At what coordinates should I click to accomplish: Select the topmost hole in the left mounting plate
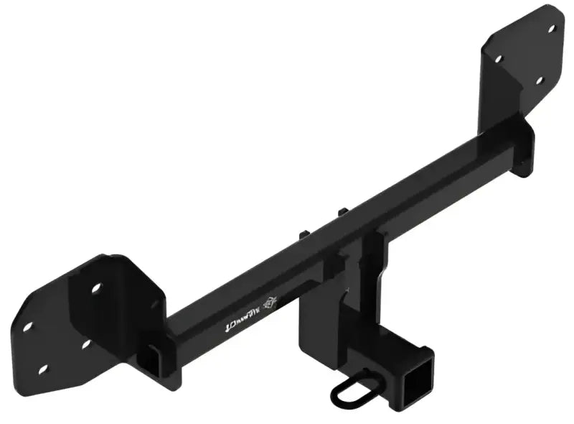pos(95,287)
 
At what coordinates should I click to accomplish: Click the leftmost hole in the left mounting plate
pos(28,327)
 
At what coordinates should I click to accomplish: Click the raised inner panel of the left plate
pos(115,316)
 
